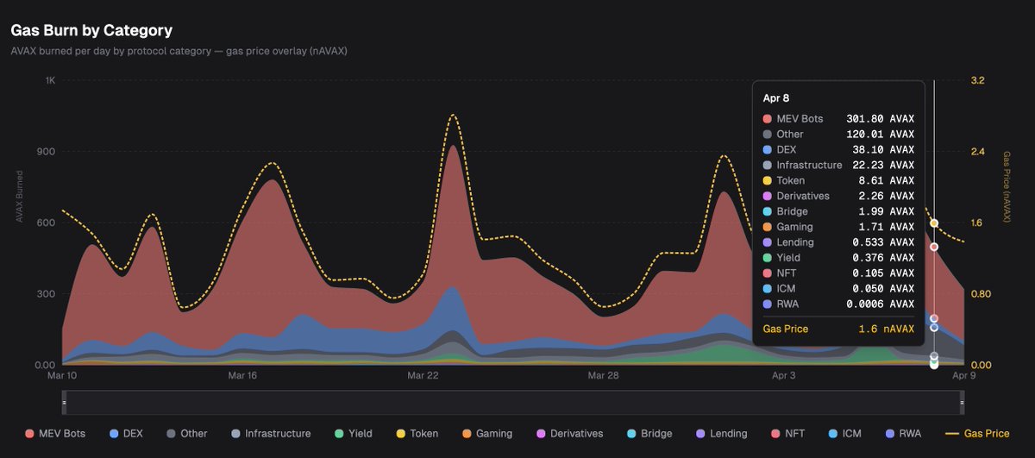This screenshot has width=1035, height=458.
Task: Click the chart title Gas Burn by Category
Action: [x=91, y=30]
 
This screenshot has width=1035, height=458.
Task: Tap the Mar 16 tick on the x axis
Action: [x=243, y=376]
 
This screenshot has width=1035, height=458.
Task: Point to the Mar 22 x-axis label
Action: [x=422, y=376]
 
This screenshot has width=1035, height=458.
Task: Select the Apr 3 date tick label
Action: [x=782, y=376]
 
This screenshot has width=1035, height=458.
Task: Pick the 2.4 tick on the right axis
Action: [x=977, y=152]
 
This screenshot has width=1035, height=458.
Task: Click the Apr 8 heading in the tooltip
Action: [x=776, y=98]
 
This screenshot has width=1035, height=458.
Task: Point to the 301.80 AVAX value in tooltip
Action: [x=880, y=119]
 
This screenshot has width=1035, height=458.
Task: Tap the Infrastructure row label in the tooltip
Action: [x=809, y=165]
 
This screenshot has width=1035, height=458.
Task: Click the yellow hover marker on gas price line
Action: [x=934, y=223]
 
